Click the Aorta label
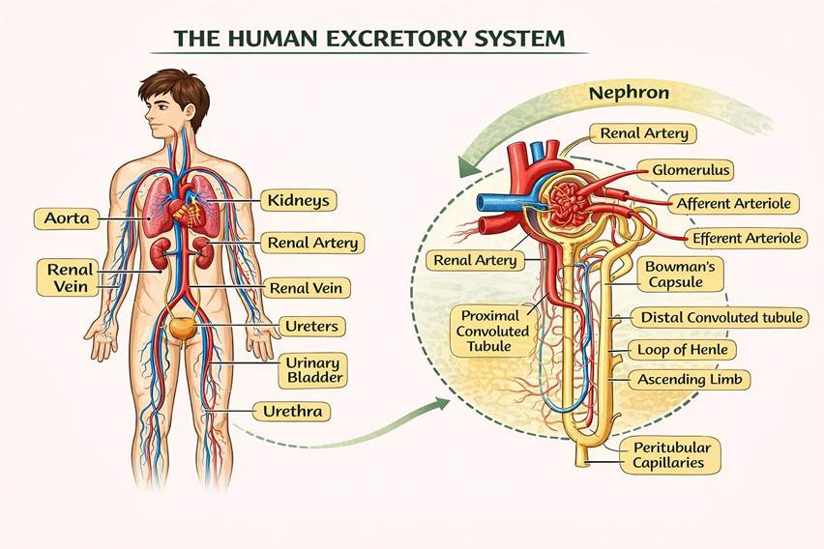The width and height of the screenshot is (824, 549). [67, 218]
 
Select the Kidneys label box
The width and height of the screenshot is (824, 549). [299, 201]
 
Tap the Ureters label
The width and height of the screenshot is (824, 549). [310, 326]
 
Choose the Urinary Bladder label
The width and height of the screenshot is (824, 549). [310, 369]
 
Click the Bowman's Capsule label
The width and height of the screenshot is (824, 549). [673, 274]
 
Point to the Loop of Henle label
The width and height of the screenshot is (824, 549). [682, 349]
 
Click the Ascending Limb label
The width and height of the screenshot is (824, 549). [690, 380]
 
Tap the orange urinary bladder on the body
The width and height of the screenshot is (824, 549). [181, 328]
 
